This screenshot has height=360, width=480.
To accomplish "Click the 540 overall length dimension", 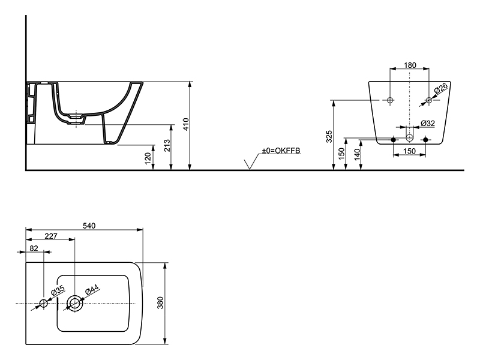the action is tap(89, 226).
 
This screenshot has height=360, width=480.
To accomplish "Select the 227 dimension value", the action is tap(51, 236).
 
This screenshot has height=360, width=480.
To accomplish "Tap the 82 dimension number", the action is tap(34, 248).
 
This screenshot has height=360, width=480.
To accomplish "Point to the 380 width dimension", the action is tap(160, 303).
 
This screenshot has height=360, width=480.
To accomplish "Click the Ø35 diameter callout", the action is tap(58, 290).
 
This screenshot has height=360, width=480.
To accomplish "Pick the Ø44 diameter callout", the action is tap(92, 289).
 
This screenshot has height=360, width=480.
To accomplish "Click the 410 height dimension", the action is tap(186, 124).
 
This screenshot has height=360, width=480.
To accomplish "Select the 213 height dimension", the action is tap(167, 146).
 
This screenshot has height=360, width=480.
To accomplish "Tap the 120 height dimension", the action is tap(148, 158).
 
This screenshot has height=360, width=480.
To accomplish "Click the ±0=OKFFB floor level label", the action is tap(281, 151).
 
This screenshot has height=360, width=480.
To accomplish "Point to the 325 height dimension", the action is tap(329, 137).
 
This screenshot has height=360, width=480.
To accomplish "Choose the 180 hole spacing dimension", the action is tap(410, 65).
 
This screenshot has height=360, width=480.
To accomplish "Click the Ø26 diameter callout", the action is tap(441, 88).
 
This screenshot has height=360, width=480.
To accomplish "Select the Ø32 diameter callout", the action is tap(428, 123).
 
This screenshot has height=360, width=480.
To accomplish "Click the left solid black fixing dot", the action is tap(394, 140).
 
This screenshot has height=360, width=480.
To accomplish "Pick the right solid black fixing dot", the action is tap(425, 140).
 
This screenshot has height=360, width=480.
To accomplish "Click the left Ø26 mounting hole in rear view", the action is tap(389, 100).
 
